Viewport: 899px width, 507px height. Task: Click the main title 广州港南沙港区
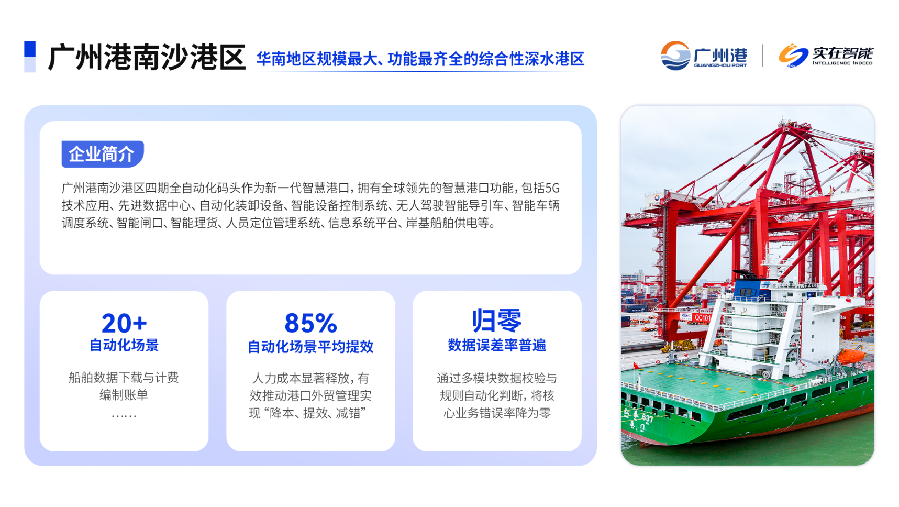tap(147, 57)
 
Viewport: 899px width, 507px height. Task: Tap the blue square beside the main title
tap(30, 49)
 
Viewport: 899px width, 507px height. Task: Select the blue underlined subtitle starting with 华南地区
tap(420, 59)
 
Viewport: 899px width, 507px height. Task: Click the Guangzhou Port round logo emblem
tap(675, 56)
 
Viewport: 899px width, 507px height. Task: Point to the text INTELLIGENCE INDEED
tap(842, 63)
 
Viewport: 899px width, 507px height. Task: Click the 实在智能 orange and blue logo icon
tap(793, 56)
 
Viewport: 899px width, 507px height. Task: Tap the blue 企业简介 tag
tap(102, 154)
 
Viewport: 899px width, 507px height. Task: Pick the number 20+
tap(124, 323)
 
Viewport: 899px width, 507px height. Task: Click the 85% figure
tap(310, 323)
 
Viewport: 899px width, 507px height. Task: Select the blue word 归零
tap(497, 321)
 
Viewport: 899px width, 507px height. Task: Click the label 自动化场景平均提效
tap(310, 347)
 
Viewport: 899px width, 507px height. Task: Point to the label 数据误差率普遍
tap(497, 345)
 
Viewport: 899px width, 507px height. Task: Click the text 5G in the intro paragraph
tap(552, 188)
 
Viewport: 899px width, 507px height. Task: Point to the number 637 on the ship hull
tap(648, 418)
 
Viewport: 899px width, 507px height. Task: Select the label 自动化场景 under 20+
tap(124, 345)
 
